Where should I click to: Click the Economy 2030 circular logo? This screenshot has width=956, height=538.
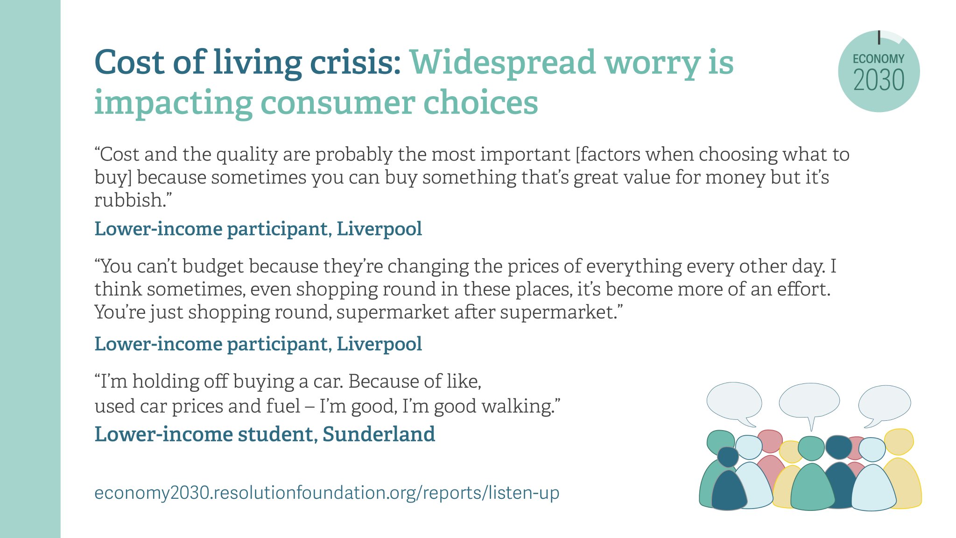879,71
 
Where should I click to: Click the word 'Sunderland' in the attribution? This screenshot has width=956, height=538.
379,434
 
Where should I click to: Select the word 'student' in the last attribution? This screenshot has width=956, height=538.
272,434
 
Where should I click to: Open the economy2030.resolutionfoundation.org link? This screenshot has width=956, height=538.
327,493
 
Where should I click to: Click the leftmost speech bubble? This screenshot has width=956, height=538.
734,402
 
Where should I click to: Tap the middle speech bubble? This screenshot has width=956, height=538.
809,401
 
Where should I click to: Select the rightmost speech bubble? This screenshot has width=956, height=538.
885,403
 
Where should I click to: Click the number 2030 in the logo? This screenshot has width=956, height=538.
879,80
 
